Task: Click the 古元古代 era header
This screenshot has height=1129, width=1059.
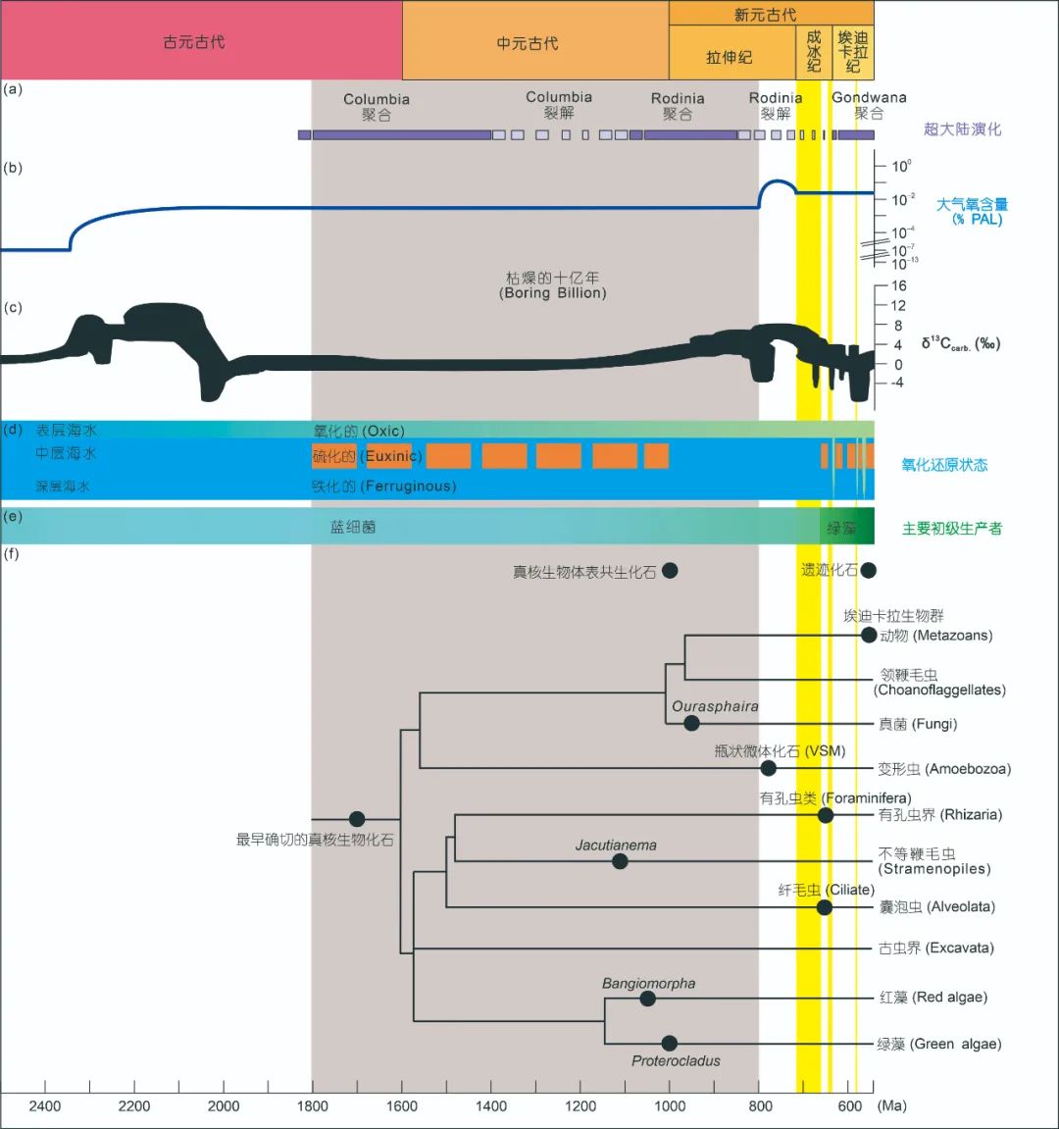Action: pyautogui.click(x=194, y=42)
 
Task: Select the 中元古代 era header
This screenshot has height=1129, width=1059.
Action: pyautogui.click(x=528, y=43)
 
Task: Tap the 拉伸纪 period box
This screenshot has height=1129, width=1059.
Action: pyautogui.click(x=730, y=58)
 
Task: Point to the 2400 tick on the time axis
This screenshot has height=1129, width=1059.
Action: pyautogui.click(x=45, y=1105)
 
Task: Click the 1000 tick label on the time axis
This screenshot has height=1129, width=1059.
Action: pyautogui.click(x=671, y=1105)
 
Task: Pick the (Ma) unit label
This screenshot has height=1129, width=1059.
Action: pyautogui.click(x=891, y=1105)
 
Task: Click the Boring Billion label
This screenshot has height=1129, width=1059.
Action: pyautogui.click(x=553, y=292)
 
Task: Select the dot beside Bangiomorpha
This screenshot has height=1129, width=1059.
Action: pyautogui.click(x=647, y=999)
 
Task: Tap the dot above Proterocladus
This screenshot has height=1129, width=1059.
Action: pyautogui.click(x=670, y=1044)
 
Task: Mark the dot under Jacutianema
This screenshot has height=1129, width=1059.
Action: pyautogui.click(x=620, y=861)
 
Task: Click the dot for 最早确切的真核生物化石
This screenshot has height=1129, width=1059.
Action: pyautogui.click(x=357, y=819)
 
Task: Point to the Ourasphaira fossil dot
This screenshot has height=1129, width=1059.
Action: pyautogui.click(x=691, y=723)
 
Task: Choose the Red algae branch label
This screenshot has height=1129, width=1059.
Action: pyautogui.click(x=933, y=998)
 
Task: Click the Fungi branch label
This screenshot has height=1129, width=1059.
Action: pyautogui.click(x=918, y=724)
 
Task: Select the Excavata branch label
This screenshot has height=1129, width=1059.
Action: pyautogui.click(x=936, y=948)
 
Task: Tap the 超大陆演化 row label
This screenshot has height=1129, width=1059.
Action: pyautogui.click(x=962, y=129)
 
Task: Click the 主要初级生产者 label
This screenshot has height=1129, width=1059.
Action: pyautogui.click(x=951, y=529)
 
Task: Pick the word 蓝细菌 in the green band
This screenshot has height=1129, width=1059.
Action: pyautogui.click(x=353, y=527)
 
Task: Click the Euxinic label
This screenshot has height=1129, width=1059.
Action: pyautogui.click(x=393, y=456)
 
